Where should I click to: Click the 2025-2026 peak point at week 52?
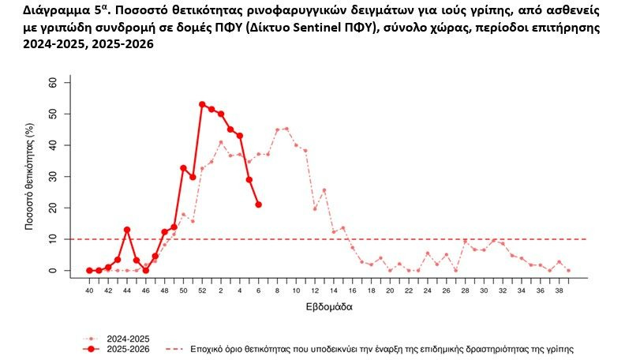[202, 104]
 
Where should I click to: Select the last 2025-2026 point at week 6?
[258, 204]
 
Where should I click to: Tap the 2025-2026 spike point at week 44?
[127, 230]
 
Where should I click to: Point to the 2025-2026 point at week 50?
[183, 168]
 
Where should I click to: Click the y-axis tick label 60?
[53, 82]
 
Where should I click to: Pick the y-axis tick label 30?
[53, 176]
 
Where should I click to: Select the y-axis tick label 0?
[53, 271]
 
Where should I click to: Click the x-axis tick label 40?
[89, 291]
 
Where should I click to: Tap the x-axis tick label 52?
[202, 291]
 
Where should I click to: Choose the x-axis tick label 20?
[390, 291]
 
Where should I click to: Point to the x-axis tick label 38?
[559, 291]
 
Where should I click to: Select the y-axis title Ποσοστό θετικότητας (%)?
[29, 176]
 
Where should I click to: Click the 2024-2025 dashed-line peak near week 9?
[286, 128]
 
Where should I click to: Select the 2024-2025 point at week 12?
[314, 208]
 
